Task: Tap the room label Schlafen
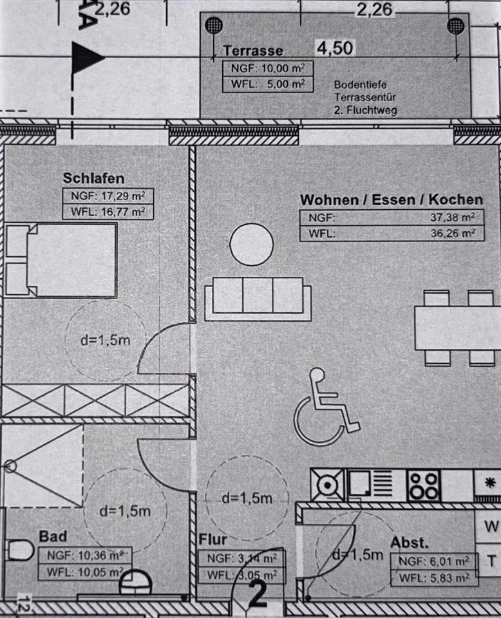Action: point(93,178)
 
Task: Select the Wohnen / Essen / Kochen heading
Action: point(391,200)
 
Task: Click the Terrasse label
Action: point(252,51)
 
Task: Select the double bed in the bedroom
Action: point(61,259)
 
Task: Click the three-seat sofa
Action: point(258,298)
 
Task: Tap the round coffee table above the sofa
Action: point(250,243)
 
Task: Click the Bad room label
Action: point(53,536)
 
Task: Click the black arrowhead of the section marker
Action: point(88,58)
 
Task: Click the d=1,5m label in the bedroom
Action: point(105,339)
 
